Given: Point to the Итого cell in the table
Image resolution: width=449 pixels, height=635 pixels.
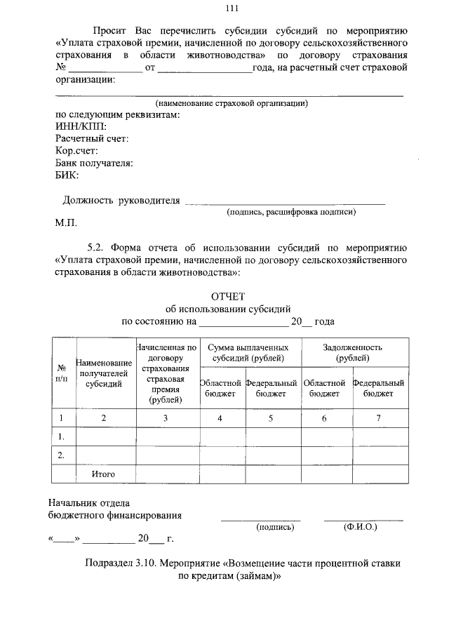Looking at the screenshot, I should click(x=104, y=474).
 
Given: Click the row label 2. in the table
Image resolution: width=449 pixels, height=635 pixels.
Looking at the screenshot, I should click(x=62, y=455).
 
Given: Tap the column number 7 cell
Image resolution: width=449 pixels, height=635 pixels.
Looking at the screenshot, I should click(x=379, y=418).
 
